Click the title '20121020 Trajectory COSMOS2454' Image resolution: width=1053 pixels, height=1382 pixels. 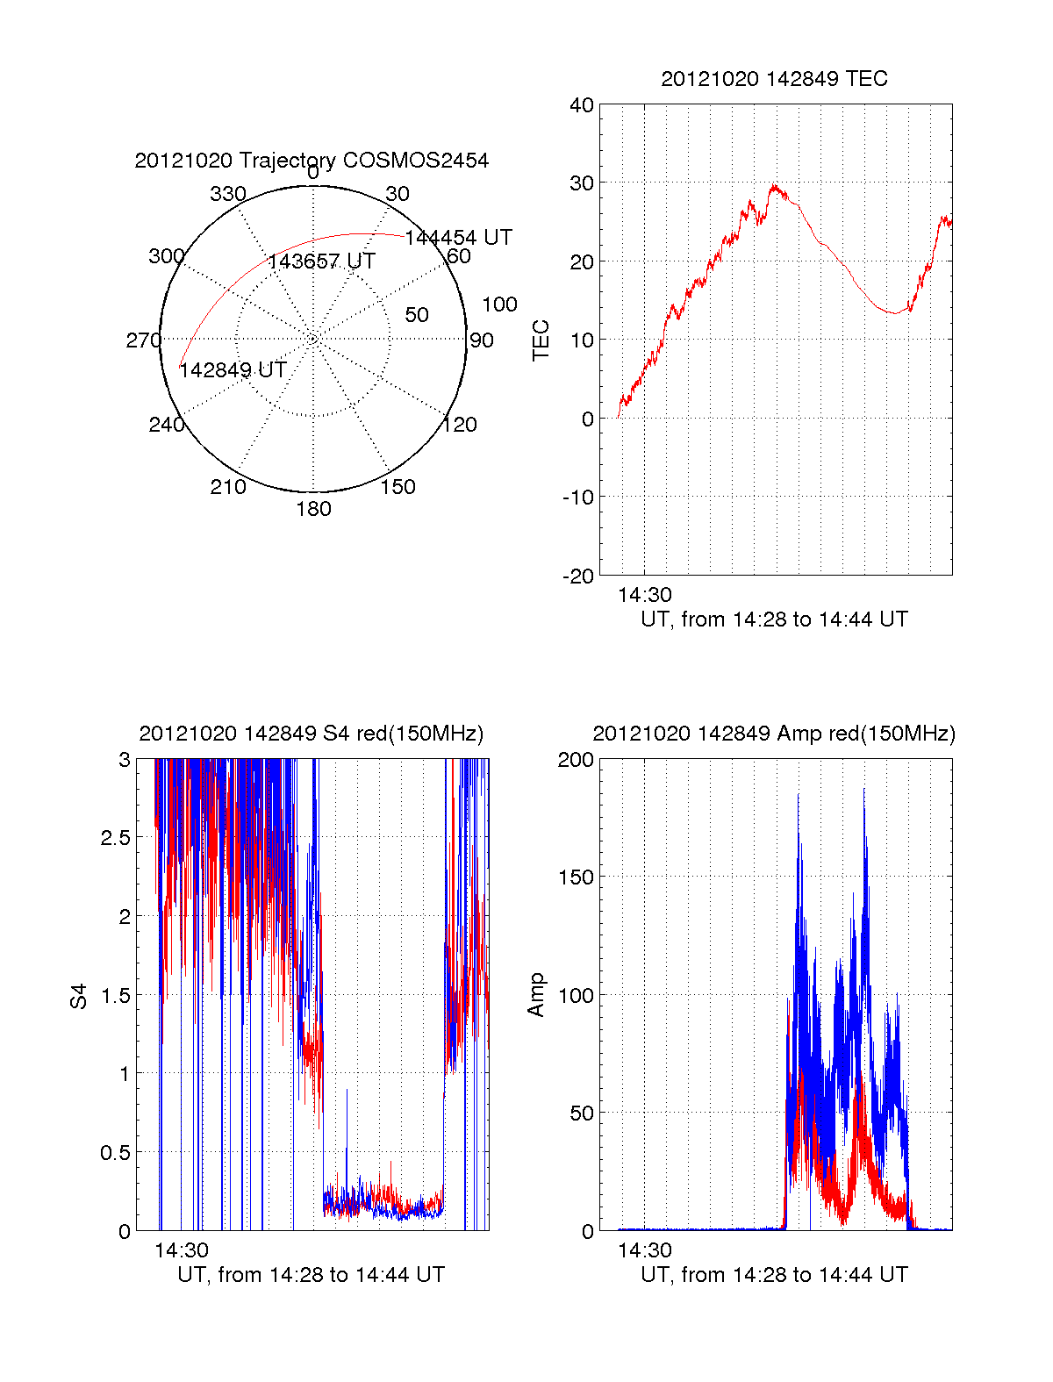click(312, 161)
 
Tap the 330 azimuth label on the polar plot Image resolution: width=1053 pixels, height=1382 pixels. click(227, 194)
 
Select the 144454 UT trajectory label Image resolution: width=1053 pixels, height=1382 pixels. click(458, 238)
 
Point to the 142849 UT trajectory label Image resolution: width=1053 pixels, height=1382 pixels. click(233, 370)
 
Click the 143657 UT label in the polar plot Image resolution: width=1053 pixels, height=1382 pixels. click(321, 261)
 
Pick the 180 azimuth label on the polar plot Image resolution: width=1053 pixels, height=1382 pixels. click(313, 509)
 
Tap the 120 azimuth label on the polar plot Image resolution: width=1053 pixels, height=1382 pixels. click(459, 426)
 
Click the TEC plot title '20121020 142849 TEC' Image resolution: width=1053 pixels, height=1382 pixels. click(774, 79)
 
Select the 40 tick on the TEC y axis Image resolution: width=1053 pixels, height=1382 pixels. click(582, 105)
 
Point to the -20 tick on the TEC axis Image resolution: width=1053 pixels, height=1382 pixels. click(578, 576)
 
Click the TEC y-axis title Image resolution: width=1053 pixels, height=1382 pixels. click(541, 340)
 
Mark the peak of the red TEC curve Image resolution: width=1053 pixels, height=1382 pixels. click(774, 186)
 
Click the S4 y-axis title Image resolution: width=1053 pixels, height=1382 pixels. click(79, 996)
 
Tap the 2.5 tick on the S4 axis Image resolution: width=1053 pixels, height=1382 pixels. click(116, 838)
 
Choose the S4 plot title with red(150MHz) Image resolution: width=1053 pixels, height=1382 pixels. click(312, 734)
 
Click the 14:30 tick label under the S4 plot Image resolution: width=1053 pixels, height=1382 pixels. click(182, 1250)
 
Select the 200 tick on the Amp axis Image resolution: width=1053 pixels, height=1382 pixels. click(576, 760)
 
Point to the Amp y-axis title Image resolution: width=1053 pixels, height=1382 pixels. click(535, 995)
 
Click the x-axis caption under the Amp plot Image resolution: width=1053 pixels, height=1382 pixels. click(774, 1275)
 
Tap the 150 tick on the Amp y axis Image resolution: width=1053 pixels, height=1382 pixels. click(576, 877)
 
